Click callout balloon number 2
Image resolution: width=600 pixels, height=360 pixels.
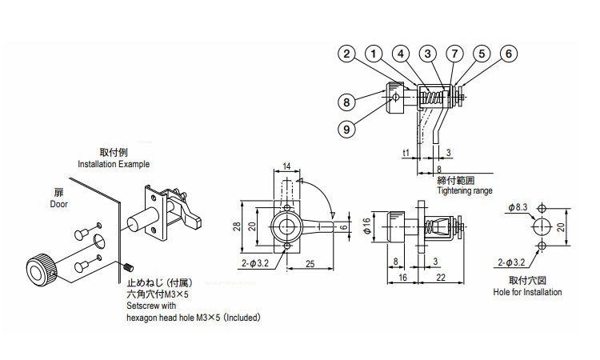[x=346, y=54]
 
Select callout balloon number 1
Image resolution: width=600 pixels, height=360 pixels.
[x=373, y=54]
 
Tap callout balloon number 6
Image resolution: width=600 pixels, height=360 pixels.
[x=508, y=54]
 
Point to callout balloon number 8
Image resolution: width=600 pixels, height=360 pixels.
[x=346, y=102]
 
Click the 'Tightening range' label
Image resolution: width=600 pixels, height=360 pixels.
[x=465, y=191]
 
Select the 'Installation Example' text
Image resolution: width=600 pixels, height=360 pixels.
[x=113, y=164]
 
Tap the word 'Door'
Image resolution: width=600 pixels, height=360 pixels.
[x=58, y=204]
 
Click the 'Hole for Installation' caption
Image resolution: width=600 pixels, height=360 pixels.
[x=527, y=293]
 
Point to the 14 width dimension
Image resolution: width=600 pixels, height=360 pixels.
[x=286, y=166]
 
